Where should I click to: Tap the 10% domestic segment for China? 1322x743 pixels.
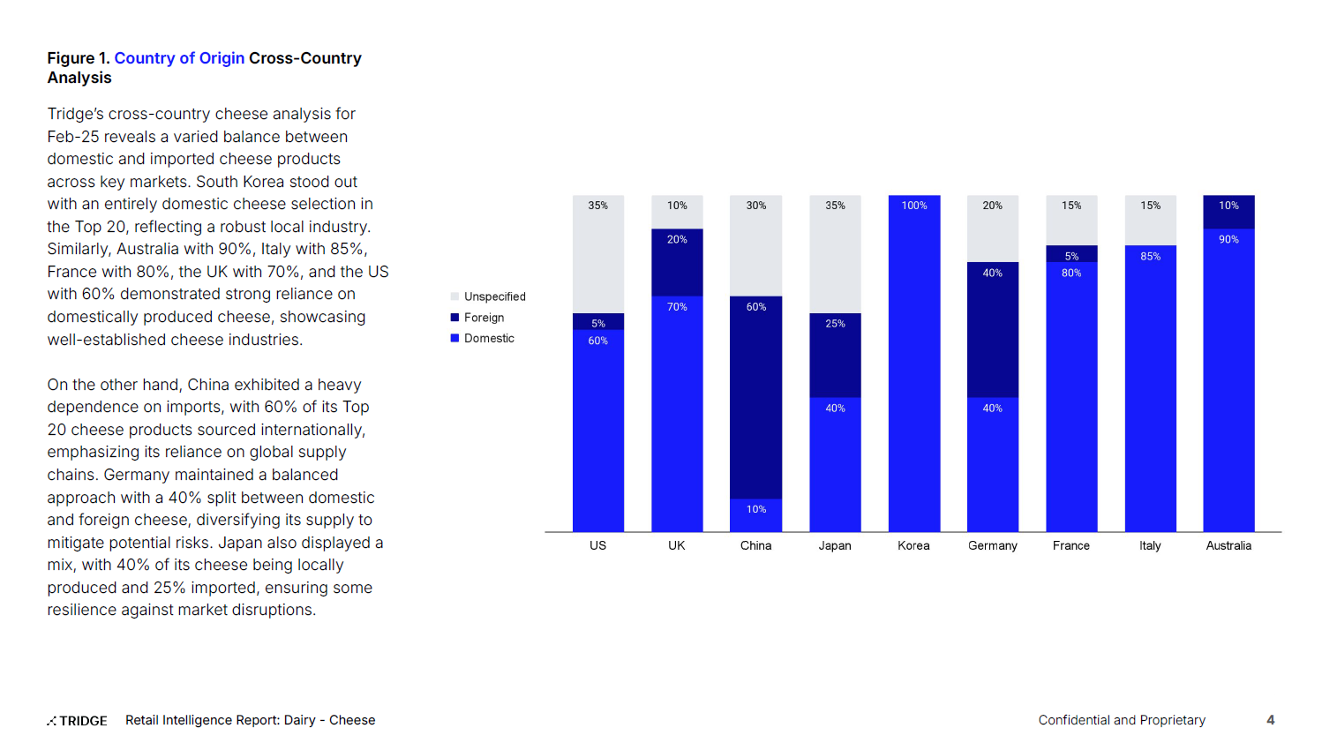(x=755, y=515)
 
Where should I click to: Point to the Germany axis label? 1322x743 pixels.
(x=992, y=545)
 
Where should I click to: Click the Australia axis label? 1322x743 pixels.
(x=1228, y=545)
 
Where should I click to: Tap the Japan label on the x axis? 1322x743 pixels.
(x=834, y=545)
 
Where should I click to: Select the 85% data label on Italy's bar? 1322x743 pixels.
(x=1150, y=256)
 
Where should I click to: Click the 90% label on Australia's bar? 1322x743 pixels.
(x=1228, y=239)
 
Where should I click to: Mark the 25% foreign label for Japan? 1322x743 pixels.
(x=835, y=324)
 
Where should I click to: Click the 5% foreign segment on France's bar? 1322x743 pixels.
(x=1071, y=253)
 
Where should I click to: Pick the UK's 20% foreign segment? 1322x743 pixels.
(x=677, y=263)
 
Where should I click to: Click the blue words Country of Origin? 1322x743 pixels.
(x=179, y=58)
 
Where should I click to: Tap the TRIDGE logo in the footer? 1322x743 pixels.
(x=78, y=720)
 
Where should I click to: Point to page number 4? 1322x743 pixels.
(x=1270, y=720)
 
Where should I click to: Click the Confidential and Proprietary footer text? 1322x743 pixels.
(x=1121, y=720)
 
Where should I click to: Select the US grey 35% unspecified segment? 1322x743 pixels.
(x=597, y=254)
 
